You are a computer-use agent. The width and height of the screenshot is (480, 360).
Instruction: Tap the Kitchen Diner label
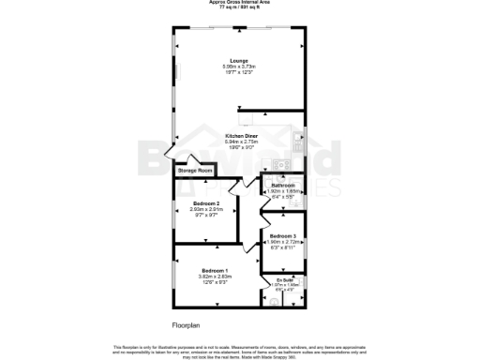(x=240, y=136)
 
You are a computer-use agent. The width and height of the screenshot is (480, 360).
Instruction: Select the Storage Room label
(x=195, y=171)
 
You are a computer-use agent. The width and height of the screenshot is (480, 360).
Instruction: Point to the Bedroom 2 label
(x=206, y=203)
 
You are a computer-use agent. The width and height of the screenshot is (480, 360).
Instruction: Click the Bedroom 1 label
(x=215, y=270)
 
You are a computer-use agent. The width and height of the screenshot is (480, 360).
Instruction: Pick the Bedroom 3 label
(x=283, y=235)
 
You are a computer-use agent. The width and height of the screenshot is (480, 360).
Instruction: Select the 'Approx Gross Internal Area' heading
(x=240, y=4)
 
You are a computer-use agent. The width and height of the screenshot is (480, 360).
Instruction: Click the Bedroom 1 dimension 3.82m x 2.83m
(x=215, y=277)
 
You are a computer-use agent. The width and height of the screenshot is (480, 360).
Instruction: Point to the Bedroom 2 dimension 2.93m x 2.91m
(x=206, y=210)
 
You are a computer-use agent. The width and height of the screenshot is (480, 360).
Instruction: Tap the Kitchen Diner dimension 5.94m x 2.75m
(x=240, y=142)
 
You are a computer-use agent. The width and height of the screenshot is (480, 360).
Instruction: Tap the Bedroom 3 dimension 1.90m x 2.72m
(x=282, y=242)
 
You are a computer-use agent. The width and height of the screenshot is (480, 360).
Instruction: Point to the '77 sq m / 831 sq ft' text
(x=240, y=8)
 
